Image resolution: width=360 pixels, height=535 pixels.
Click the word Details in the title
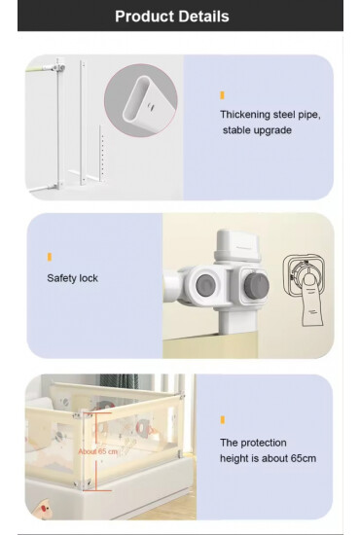pyautogui.click(x=204, y=17)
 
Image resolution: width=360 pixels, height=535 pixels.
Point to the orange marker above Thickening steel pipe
pyautogui.click(x=222, y=95)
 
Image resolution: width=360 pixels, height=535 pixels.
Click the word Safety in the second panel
pyautogui.click(x=62, y=278)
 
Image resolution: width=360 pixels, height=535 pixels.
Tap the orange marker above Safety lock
pyautogui.click(x=49, y=257)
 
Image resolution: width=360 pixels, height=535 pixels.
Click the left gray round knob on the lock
pyautogui.click(x=205, y=284)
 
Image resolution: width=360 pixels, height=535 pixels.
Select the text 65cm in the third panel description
pyautogui.click(x=299, y=458)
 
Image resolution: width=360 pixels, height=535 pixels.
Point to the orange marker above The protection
pyautogui.click(x=222, y=420)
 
